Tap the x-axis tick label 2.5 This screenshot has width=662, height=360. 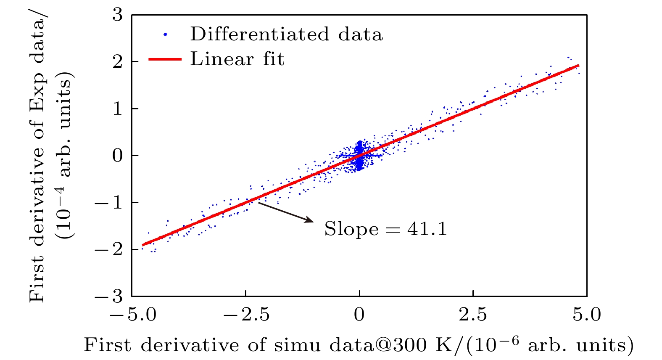(x=473, y=315)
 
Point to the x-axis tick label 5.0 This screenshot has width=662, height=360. (x=587, y=315)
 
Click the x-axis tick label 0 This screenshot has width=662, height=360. (x=359, y=315)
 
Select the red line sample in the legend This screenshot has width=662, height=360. (x=165, y=59)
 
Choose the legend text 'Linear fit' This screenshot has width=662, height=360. (x=237, y=59)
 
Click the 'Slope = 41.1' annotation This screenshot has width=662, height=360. (x=385, y=229)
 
